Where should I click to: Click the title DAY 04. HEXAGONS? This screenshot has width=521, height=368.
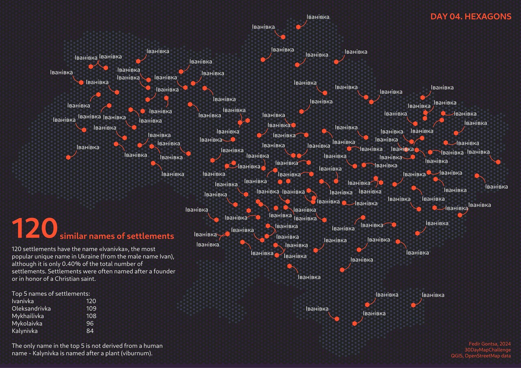(x=471, y=17)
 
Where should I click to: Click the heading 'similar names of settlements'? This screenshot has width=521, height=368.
(x=117, y=236)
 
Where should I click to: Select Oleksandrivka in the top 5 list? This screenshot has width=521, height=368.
(x=31, y=308)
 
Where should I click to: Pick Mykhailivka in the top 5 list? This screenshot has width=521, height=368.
(x=28, y=316)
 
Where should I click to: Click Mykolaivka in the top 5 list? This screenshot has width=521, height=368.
(x=27, y=323)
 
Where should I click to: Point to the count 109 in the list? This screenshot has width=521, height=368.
(x=91, y=308)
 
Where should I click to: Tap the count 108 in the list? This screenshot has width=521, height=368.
(x=91, y=316)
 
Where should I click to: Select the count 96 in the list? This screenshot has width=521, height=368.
(x=90, y=323)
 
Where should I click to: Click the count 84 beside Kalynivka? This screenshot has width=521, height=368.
(x=90, y=331)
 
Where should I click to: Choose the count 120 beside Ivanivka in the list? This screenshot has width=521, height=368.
(x=91, y=301)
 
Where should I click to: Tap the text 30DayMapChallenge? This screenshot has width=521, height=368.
(x=487, y=350)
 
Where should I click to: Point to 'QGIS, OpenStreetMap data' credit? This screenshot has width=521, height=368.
(x=481, y=356)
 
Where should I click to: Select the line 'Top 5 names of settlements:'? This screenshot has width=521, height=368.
(x=51, y=293)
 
